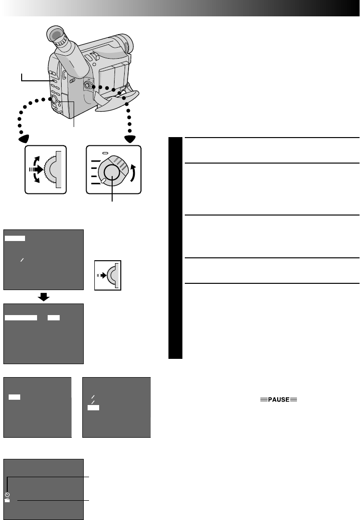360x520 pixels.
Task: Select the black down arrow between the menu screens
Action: pyautogui.click(x=44, y=297)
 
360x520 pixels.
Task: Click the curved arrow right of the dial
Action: pyautogui.click(x=133, y=171)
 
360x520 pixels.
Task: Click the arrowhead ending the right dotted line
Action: pyautogui.click(x=129, y=139)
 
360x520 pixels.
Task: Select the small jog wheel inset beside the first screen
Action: pyautogui.click(x=108, y=275)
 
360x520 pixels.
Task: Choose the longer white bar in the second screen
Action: pyautogui.click(x=21, y=318)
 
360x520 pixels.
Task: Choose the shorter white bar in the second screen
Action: pyautogui.click(x=54, y=318)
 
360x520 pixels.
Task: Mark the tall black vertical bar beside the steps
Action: pyautogui.click(x=176, y=248)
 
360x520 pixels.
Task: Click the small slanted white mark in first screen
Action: pyautogui.click(x=21, y=259)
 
